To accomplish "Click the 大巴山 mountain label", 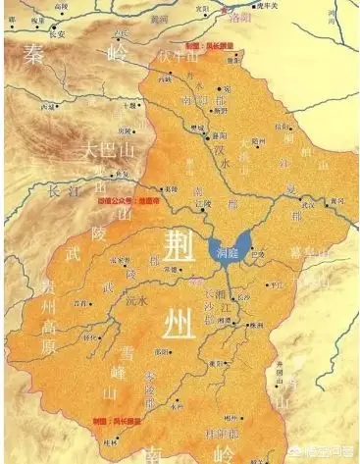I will coord(105,152).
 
